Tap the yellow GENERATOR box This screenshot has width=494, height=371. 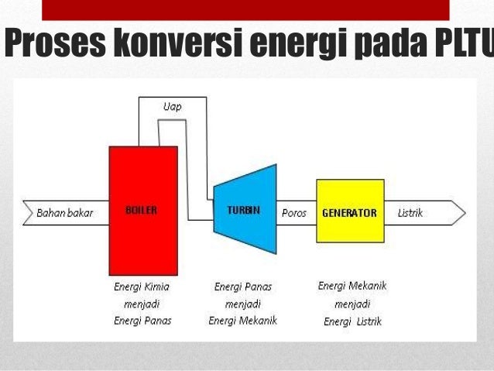tap(350, 211)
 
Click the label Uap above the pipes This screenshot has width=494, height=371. tap(173, 107)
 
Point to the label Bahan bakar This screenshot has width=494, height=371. tap(65, 212)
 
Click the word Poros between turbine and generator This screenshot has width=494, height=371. tap(294, 212)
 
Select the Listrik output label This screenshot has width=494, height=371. tap(410, 212)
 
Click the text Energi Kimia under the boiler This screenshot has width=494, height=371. tap(142, 287)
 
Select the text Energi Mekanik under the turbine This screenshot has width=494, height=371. tap(242, 321)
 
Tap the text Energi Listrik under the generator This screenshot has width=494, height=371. tap(352, 321)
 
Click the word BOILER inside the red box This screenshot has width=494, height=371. tap(141, 210)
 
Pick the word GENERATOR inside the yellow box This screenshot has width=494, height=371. tap(349, 212)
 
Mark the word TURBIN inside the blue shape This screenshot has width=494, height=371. tap(242, 211)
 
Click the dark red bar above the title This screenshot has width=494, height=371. tap(245, 9)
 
